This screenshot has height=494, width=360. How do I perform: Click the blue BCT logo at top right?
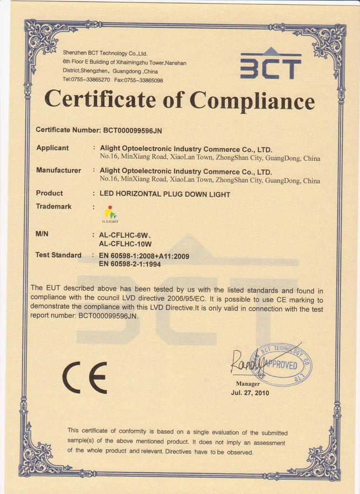270,65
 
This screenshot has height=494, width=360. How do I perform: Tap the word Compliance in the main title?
252,101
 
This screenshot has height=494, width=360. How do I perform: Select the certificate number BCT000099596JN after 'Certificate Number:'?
136,130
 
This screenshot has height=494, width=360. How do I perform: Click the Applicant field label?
53,148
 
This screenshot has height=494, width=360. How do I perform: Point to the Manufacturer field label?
58,170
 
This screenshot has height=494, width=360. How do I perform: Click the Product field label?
49,193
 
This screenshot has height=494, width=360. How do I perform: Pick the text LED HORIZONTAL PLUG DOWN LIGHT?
165,194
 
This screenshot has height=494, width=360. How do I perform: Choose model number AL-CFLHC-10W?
125,244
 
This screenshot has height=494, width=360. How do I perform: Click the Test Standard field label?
58,255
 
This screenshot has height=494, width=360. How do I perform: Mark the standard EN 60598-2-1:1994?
130,264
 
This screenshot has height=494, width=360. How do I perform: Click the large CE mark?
85,377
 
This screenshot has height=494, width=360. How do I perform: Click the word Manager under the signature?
248,384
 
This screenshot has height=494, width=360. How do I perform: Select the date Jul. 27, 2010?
250,393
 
